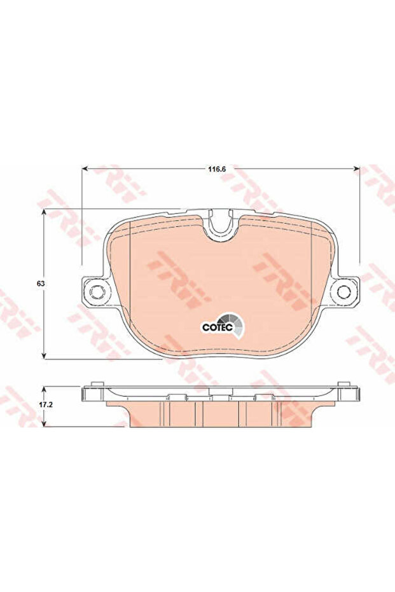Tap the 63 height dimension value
(x=41, y=284)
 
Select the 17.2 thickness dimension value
(x=46, y=404)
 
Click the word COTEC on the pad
(x=217, y=327)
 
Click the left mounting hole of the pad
(x=97, y=291)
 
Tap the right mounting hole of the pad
(x=344, y=291)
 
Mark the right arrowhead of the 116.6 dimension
(x=356, y=169)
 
